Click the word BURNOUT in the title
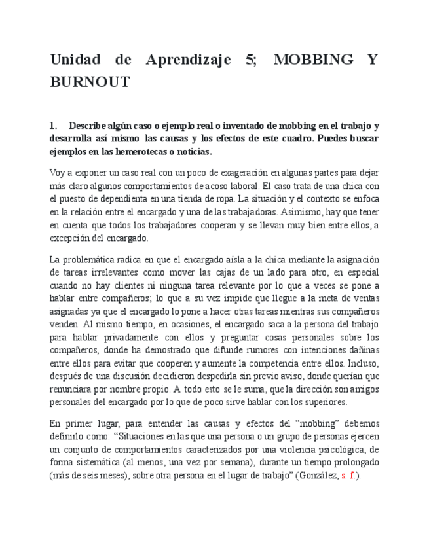[x=90, y=82]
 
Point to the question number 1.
[x=53, y=126]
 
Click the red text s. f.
[x=348, y=476]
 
